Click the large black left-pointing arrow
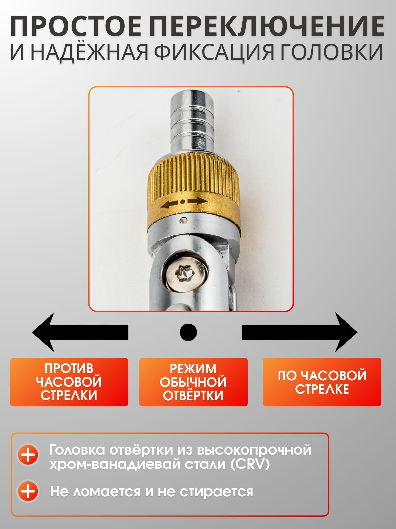(80, 332)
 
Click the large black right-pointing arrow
(299, 332)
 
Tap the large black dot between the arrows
(188, 332)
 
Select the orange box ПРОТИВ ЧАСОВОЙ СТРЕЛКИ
(69, 382)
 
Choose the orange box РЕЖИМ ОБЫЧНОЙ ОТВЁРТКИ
(193, 382)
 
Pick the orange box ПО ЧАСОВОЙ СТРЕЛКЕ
(322, 382)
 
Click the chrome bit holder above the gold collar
(192, 123)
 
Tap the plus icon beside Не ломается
(28, 491)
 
